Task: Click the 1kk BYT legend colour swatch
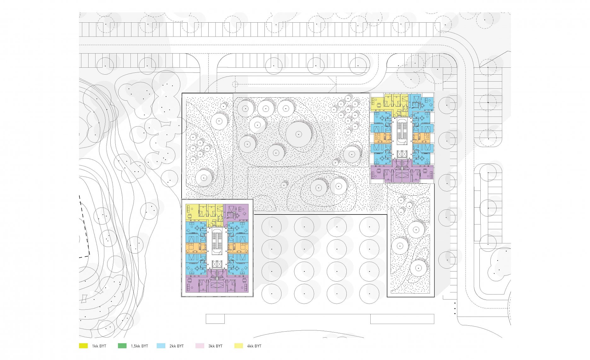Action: click(x=83, y=346)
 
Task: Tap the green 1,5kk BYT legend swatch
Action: click(x=122, y=346)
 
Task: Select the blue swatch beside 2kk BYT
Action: click(x=161, y=346)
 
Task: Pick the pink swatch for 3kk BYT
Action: click(x=200, y=346)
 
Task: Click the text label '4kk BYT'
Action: click(x=254, y=346)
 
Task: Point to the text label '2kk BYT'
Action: click(x=176, y=346)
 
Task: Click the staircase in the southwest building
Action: click(x=217, y=241)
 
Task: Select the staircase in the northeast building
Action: click(x=402, y=131)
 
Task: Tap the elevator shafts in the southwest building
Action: click(x=217, y=265)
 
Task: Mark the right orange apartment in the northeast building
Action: click(x=421, y=138)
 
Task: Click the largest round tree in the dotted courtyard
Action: click(x=298, y=134)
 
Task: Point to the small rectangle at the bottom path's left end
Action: click(x=215, y=319)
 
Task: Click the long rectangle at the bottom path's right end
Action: click(x=402, y=319)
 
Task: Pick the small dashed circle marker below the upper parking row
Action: click(x=235, y=84)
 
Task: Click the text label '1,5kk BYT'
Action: click(x=139, y=346)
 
